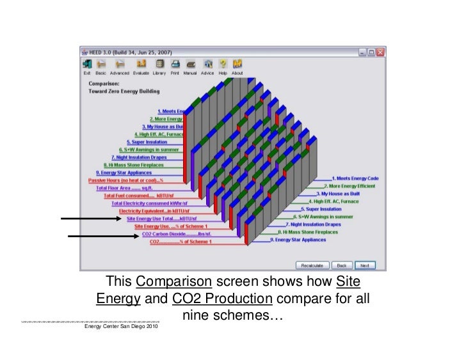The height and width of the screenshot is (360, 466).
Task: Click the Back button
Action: pos(342,265)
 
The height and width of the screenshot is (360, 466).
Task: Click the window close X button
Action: pos(380,51)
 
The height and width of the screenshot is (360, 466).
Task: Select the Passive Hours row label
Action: pos(126,180)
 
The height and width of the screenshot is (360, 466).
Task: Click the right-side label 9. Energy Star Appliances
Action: pos(298,240)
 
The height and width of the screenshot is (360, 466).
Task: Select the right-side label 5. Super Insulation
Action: pos(324,208)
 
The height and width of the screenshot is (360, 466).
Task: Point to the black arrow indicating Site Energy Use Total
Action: pos(90,219)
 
